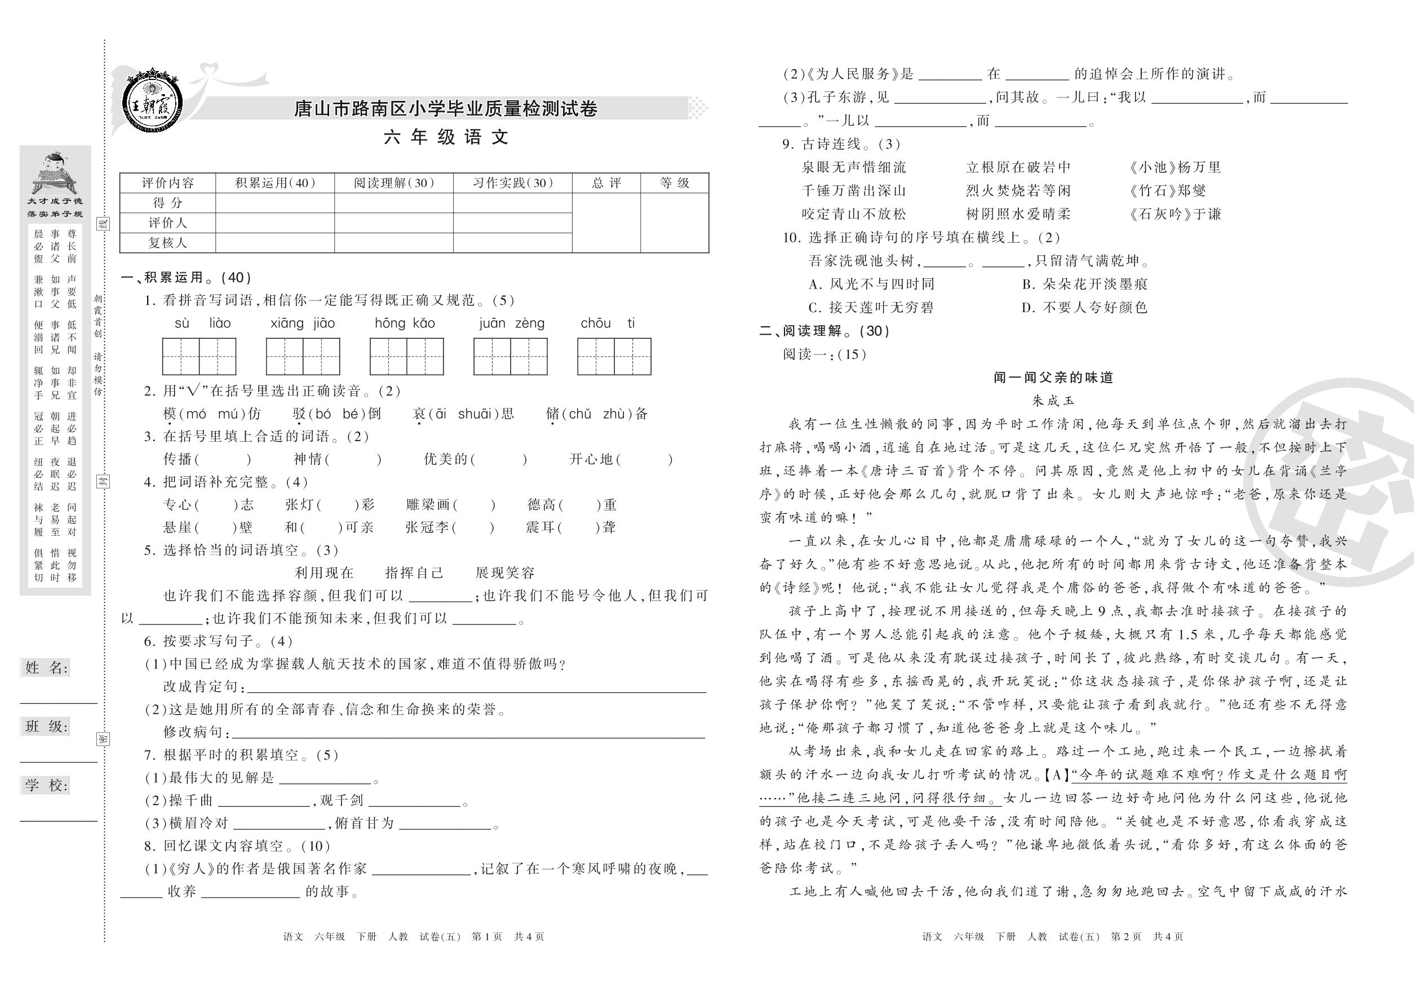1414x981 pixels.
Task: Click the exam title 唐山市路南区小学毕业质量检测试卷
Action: [x=446, y=109]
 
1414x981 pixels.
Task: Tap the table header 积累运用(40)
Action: [x=275, y=183]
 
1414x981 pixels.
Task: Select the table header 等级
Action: [x=675, y=183]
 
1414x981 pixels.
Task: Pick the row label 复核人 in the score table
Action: [x=167, y=243]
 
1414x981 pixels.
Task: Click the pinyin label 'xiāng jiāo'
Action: [x=303, y=323]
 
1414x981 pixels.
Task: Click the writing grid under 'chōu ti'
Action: [x=614, y=357]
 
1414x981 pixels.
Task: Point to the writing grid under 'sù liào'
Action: [x=198, y=357]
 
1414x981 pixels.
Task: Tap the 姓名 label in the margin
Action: [x=47, y=668]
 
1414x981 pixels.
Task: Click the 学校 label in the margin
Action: [x=47, y=785]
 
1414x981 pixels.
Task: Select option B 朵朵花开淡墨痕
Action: [x=1084, y=284]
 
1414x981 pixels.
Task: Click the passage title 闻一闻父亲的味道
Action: [x=1053, y=378]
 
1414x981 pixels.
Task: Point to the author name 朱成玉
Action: [x=1053, y=401]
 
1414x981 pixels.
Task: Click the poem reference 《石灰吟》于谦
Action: [x=1174, y=214]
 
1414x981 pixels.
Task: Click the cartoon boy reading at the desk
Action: [x=55, y=174]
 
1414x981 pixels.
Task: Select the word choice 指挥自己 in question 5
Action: [x=414, y=573]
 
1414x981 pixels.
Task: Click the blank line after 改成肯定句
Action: [x=476, y=688]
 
